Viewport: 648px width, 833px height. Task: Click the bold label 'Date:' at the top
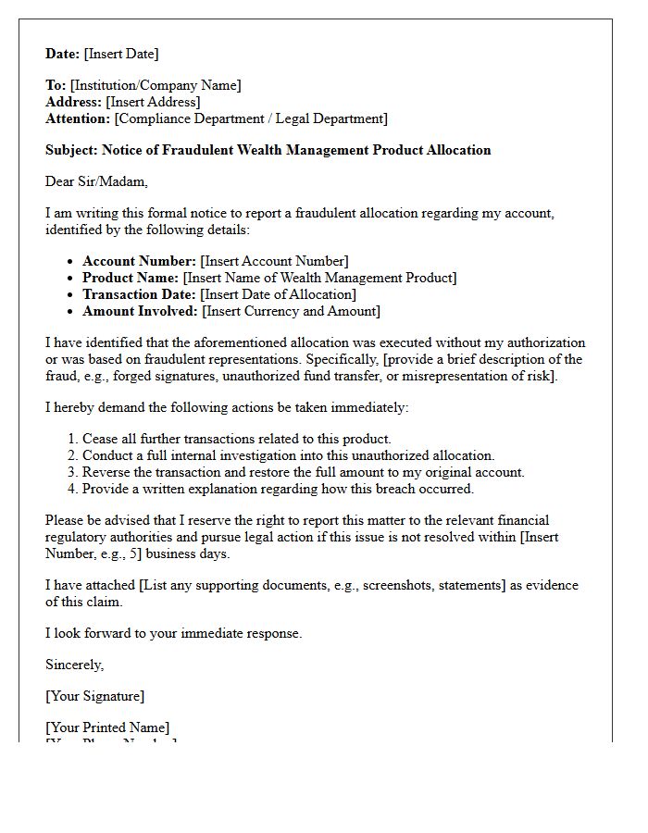click(63, 54)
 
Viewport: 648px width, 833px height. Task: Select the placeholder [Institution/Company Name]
click(155, 85)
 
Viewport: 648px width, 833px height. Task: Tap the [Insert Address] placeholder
click(153, 102)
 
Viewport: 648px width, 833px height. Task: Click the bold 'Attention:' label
click(78, 118)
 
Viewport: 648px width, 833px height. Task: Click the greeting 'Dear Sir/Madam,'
click(96, 181)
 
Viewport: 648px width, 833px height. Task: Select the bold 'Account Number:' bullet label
click(139, 261)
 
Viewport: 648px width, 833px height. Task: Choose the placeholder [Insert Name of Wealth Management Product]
click(319, 278)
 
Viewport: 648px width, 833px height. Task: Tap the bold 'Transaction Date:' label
click(140, 294)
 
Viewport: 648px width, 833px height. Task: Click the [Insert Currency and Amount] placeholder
click(291, 311)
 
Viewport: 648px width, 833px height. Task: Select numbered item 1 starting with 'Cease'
click(236, 439)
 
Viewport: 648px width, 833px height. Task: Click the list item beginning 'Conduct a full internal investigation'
click(288, 455)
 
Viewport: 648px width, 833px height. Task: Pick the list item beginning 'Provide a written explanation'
click(278, 489)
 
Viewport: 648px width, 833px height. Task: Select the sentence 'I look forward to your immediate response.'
click(173, 633)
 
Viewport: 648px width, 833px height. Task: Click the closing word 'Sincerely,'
click(75, 665)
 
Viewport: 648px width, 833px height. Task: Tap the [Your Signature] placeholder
click(94, 696)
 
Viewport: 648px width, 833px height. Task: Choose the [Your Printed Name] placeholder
click(107, 727)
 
